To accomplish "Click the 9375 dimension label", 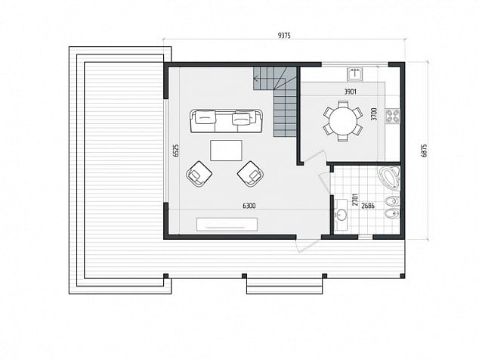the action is (x=284, y=36).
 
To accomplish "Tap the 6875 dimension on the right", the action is (x=424, y=151).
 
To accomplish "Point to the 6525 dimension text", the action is (x=175, y=151).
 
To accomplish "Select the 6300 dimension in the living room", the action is (x=249, y=206).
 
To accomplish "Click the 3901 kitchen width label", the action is (x=350, y=92).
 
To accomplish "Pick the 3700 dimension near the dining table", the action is (x=375, y=113).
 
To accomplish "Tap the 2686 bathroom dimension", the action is (x=368, y=206).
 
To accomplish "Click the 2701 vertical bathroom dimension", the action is (x=355, y=200).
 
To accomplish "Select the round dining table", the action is (x=343, y=121).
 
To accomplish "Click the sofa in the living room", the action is (x=227, y=121).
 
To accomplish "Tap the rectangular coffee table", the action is (x=226, y=151).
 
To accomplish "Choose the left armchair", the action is (x=199, y=174).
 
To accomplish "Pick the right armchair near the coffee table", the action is (x=251, y=174).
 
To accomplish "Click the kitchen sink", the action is (x=354, y=73).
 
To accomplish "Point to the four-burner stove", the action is (x=393, y=116).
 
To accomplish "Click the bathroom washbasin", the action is (x=341, y=215).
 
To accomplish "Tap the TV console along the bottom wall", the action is (x=227, y=224).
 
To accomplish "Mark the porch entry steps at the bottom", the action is (x=284, y=287).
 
